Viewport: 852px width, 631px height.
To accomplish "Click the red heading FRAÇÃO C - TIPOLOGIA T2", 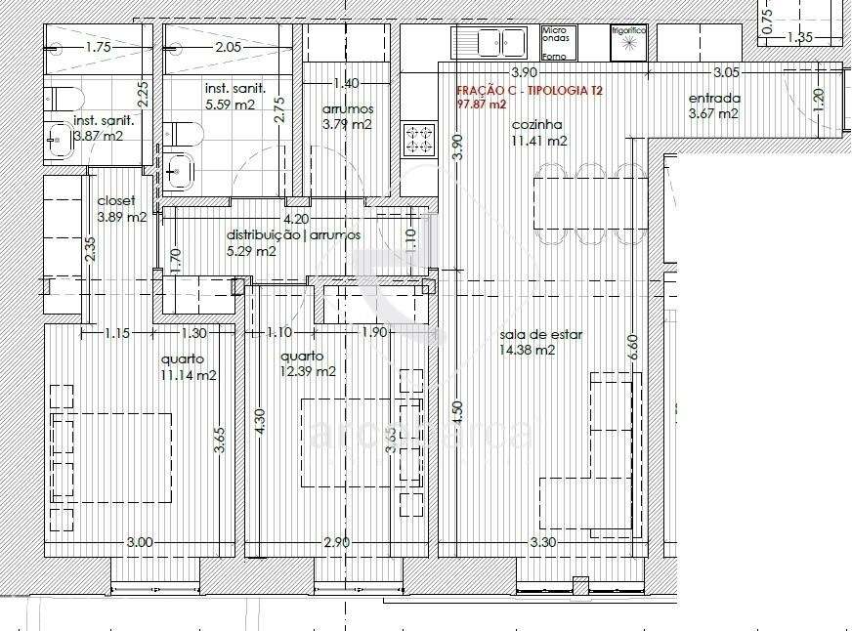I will pos(530,90).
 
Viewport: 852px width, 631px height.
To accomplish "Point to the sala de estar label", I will pos(540,334).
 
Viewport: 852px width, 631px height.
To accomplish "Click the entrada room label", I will pos(714,99).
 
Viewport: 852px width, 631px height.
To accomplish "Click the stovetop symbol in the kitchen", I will pos(420,139).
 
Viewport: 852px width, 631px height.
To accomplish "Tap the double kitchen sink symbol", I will pos(497,43).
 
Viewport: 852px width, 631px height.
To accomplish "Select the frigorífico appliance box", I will pos(629,42).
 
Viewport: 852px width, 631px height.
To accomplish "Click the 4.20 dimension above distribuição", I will pos(295,220).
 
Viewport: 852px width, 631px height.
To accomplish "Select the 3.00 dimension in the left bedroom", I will pos(139,542).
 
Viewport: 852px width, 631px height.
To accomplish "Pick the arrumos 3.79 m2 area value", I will pos(347,124).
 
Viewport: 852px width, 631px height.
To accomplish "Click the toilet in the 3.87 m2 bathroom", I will pos(58,99).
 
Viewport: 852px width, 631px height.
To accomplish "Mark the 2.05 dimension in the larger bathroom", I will pos(228,47).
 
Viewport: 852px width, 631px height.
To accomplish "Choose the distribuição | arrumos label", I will pos(293,235).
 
